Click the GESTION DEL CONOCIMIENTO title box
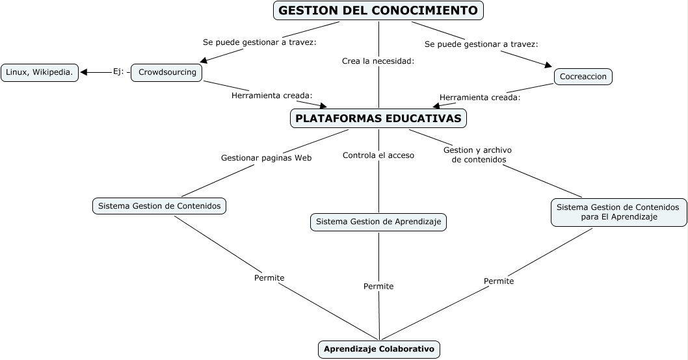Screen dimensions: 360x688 [378, 10]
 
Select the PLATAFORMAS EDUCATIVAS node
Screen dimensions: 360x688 [378, 118]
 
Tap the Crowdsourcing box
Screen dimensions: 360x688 [167, 72]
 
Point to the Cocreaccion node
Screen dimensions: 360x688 [583, 77]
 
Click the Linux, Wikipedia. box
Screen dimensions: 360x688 [40, 72]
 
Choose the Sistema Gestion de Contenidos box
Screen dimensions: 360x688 [159, 206]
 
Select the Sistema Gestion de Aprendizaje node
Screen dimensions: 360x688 [378, 222]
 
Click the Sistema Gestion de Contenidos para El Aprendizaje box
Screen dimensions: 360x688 [618, 212]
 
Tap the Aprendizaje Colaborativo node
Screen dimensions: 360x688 [378, 349]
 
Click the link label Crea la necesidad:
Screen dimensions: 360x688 [378, 61]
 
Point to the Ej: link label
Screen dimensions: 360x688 [118, 72]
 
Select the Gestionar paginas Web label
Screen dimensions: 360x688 [266, 157]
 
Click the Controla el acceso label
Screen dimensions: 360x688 [378, 155]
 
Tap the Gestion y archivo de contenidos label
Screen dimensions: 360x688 [478, 155]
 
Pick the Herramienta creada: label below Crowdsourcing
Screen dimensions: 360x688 [272, 96]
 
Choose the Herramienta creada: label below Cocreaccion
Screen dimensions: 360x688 [480, 97]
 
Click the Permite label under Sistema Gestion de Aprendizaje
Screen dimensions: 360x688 [378, 286]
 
